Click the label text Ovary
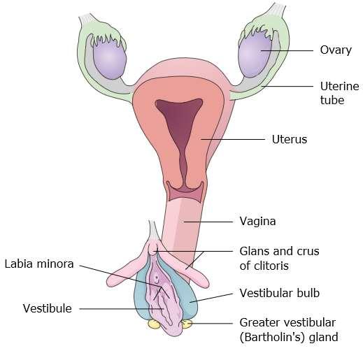pos(336,50)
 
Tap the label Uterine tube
pos(339,93)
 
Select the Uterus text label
pos(290,139)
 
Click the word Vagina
pos(257,222)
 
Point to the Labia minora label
pos(39,264)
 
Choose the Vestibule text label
pos(48,308)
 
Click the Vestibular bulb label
pos(280,293)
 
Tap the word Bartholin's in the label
pos(272,337)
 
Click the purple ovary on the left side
pos(110,59)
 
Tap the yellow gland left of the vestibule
pos(154,324)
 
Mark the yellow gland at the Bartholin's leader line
pos(187,324)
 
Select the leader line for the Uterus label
pos(233,140)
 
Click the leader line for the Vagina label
pos(208,222)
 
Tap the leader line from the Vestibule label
pos(121,309)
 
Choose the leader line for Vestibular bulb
pos(211,298)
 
